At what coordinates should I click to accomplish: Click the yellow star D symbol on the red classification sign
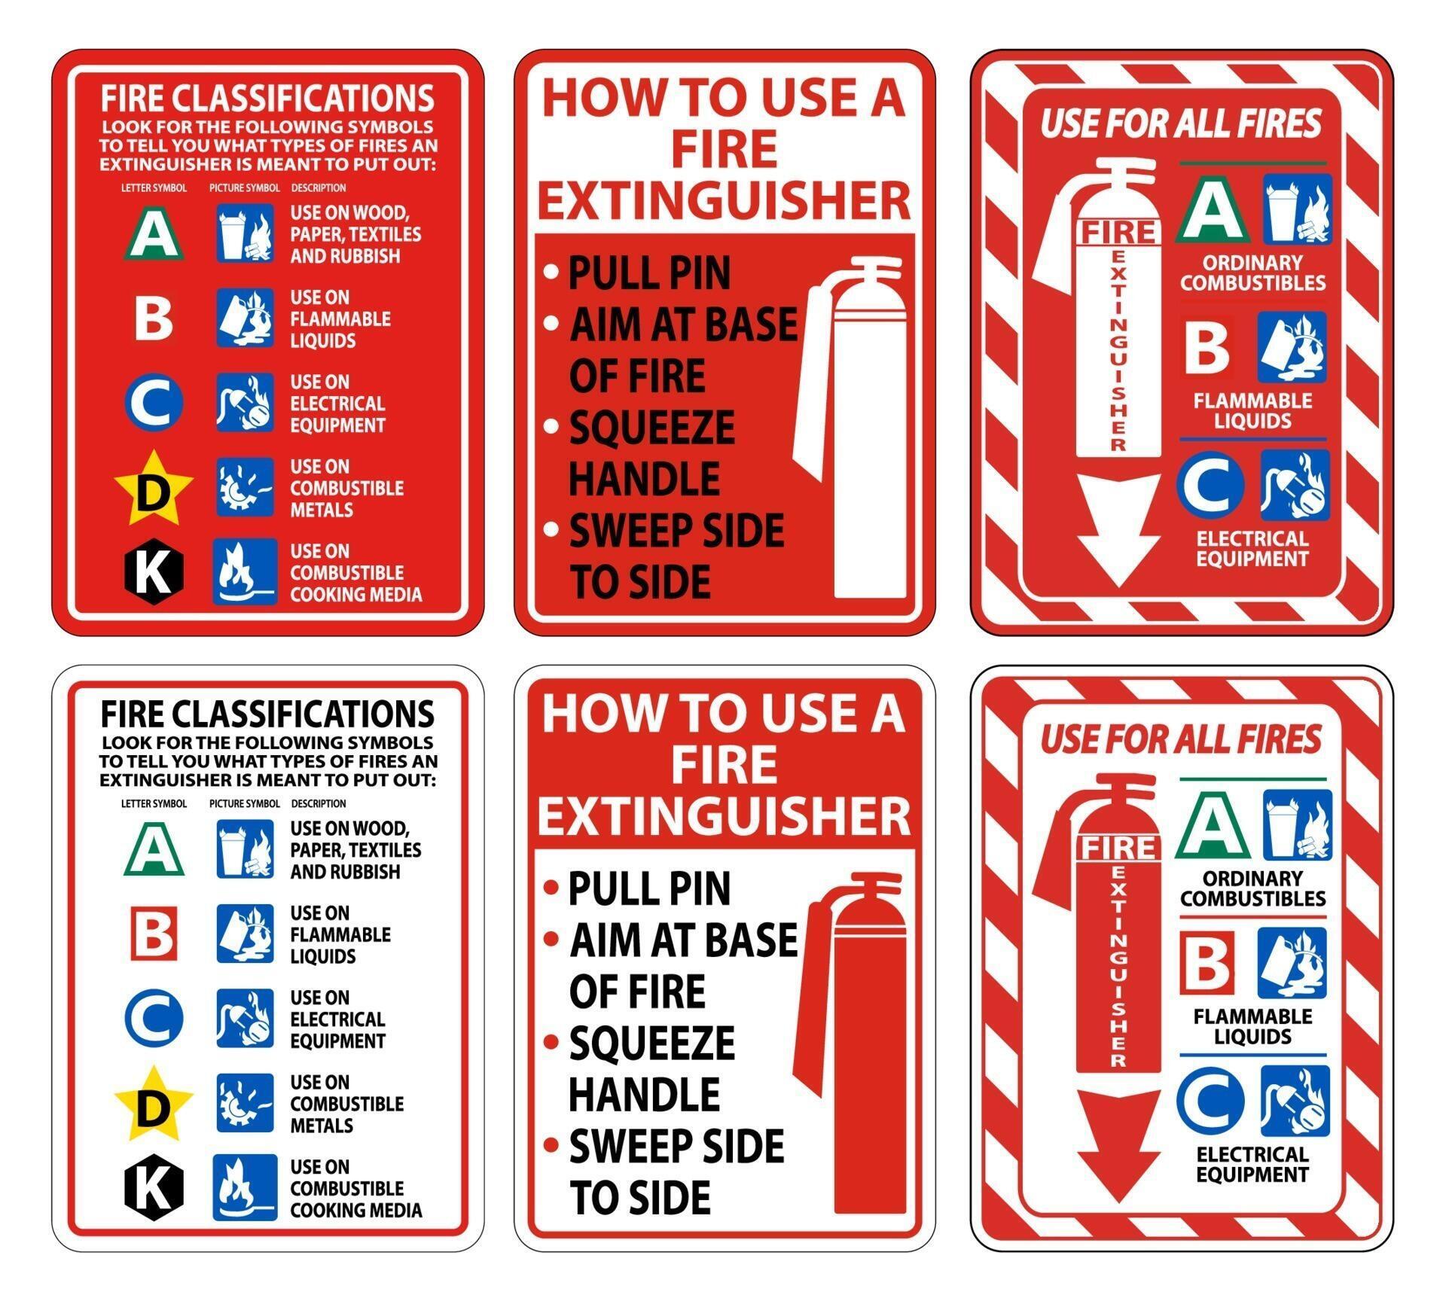click(x=154, y=490)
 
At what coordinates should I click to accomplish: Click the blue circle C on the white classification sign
click(x=154, y=1018)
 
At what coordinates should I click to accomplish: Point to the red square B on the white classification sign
click(x=154, y=934)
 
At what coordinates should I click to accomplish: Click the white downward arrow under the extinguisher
click(x=1118, y=531)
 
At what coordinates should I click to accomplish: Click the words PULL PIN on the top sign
click(x=648, y=273)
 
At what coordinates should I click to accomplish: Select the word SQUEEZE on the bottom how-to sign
click(x=651, y=1043)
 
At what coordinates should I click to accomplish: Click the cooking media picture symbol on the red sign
click(x=245, y=571)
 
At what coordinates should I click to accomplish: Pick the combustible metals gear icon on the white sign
click(x=245, y=1103)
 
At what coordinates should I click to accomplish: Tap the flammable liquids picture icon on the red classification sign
click(x=245, y=318)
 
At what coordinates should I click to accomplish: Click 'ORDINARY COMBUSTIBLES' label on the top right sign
click(x=1252, y=273)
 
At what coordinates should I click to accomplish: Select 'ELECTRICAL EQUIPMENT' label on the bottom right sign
click(x=1252, y=1164)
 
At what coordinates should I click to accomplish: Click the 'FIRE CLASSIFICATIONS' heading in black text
click(x=267, y=714)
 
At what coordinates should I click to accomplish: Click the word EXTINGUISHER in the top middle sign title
click(x=724, y=200)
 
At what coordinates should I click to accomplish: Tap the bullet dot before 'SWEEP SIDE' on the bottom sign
click(x=551, y=1145)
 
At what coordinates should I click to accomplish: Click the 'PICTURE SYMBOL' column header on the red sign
click(x=244, y=187)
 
